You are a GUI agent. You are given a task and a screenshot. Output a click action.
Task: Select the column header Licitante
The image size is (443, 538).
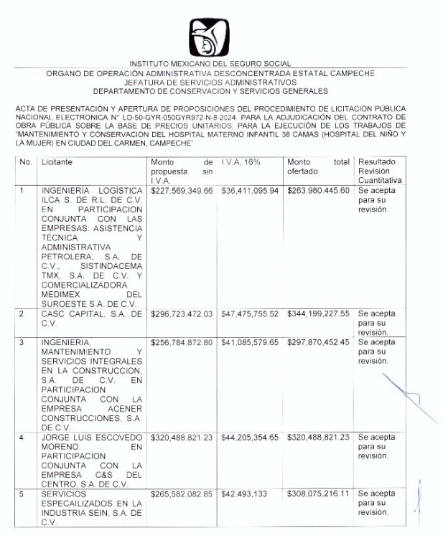pos(57,162)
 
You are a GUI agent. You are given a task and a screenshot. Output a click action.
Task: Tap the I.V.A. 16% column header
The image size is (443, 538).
pos(241,162)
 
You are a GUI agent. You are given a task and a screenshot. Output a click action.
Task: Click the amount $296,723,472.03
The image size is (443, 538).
pos(182,313)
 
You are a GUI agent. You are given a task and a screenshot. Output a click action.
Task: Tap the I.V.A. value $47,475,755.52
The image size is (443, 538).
pos(250,313)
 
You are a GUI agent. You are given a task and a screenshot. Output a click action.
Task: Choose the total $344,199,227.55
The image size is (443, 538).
pos(318,313)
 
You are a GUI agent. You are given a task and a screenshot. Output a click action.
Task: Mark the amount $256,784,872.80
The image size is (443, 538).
pos(182,342)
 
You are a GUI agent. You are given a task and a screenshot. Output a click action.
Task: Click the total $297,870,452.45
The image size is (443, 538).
pos(318,342)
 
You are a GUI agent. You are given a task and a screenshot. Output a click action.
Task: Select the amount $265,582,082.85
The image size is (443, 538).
pos(182,494)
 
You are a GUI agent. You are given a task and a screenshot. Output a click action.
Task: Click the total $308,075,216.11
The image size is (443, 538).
pos(318,494)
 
